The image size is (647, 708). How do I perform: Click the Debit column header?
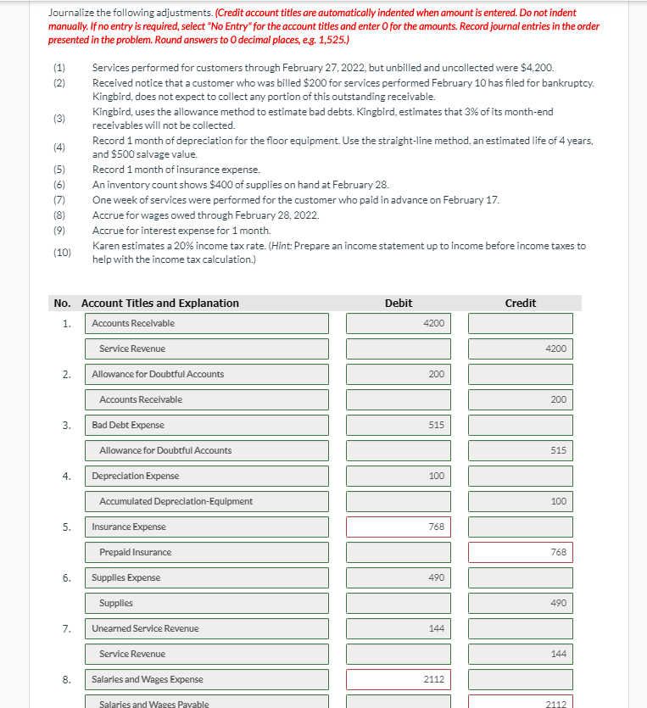pyautogui.click(x=399, y=304)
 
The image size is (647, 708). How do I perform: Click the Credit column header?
pyautogui.click(x=520, y=304)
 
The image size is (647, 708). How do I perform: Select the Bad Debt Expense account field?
pyautogui.click(x=207, y=425)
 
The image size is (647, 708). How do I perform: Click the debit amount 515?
pyautogui.click(x=399, y=425)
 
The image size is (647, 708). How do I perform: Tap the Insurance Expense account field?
pyautogui.click(x=207, y=527)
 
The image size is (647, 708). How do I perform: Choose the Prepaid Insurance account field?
pyautogui.click(x=207, y=552)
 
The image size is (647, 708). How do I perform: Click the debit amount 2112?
pyautogui.click(x=399, y=679)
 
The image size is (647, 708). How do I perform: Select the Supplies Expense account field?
pyautogui.click(x=207, y=577)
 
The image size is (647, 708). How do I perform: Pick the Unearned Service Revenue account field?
pyautogui.click(x=207, y=628)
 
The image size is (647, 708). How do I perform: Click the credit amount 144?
pyautogui.click(x=520, y=654)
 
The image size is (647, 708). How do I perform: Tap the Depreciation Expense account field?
pyautogui.click(x=207, y=476)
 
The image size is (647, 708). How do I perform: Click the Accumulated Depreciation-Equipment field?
pyautogui.click(x=207, y=501)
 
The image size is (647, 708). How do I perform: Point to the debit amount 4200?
pyautogui.click(x=399, y=323)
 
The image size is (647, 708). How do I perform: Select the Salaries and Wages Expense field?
pyautogui.click(x=207, y=679)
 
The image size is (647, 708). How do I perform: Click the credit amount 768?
pyautogui.click(x=520, y=552)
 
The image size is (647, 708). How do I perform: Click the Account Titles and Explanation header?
pyautogui.click(x=159, y=304)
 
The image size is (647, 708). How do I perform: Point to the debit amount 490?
pyautogui.click(x=399, y=577)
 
